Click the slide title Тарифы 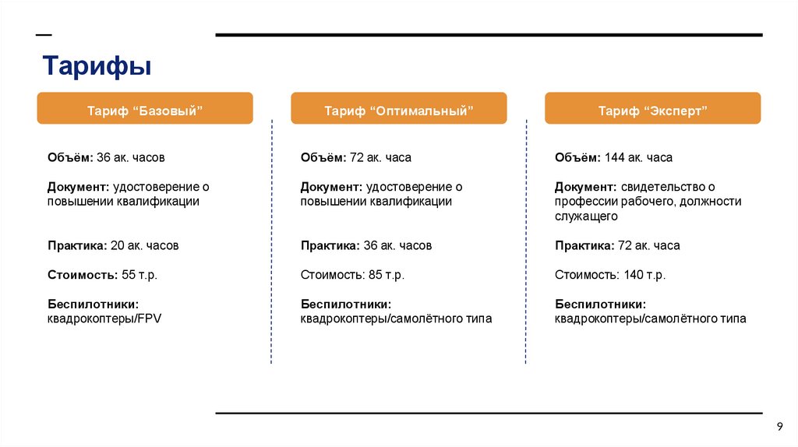coord(97,66)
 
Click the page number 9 coord(779,425)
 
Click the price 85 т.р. coord(387,275)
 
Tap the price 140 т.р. coord(644,275)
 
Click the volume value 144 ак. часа coord(638,157)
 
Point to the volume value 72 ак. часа coord(381,157)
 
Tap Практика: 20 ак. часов coord(112,245)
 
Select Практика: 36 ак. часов coord(366,245)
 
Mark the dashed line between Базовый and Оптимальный coord(271,241)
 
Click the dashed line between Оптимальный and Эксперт coord(526,241)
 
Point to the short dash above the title coord(44,35)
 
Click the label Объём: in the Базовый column coord(70,157)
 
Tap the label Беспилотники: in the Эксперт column coord(600,304)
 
